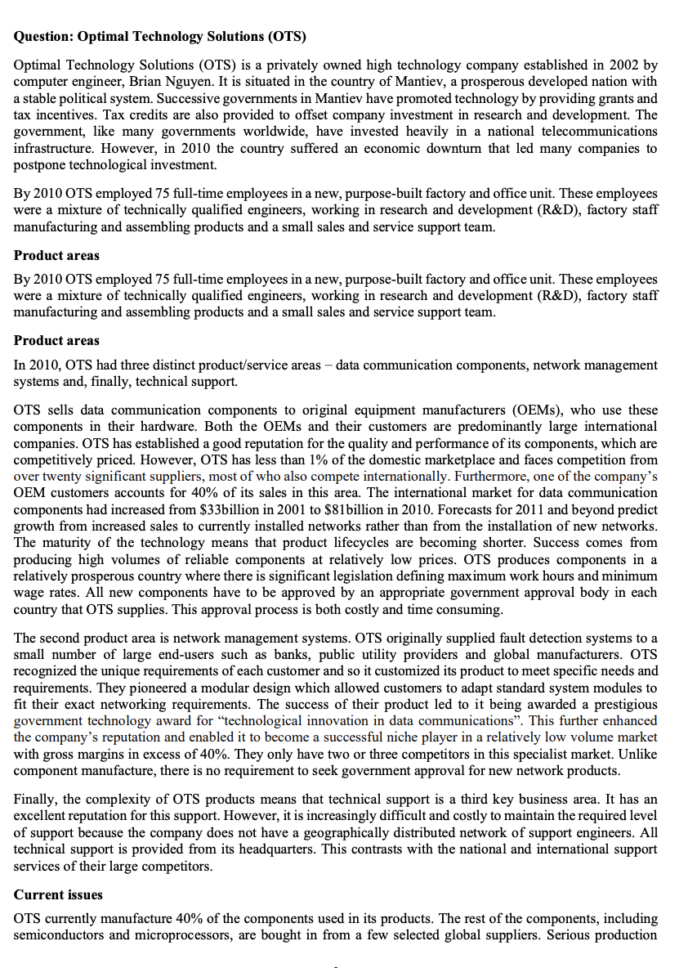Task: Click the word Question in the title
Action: pos(42,37)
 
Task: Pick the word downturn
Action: pos(466,148)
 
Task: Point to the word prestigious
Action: pos(625,703)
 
